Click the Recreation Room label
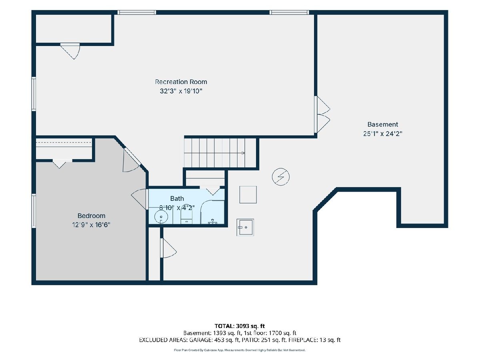181,82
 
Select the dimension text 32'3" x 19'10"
181,91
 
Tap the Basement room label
382,124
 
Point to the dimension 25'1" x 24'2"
382,134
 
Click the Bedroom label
92,216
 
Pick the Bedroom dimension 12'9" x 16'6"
91,225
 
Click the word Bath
177,198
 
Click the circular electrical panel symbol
280,177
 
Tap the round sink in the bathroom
161,217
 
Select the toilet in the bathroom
186,214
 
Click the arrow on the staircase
243,153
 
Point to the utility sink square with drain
245,227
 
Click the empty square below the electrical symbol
248,194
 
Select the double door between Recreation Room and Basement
322,114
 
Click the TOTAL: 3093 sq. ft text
240,326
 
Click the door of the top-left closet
70,51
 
